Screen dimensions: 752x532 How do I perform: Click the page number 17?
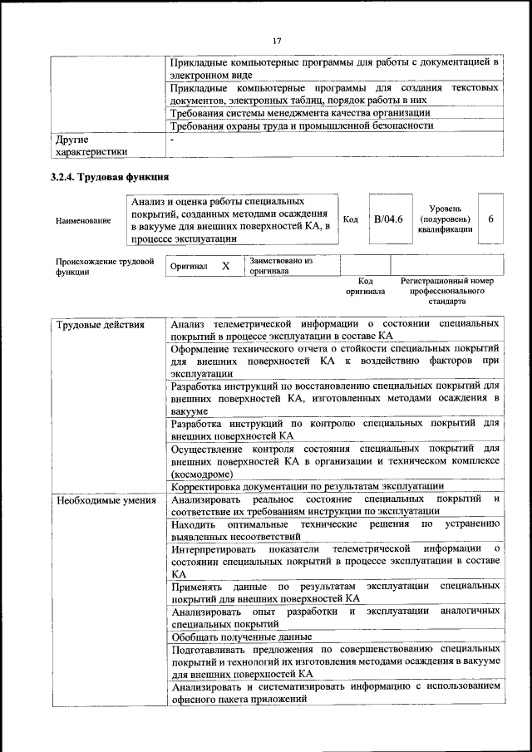(x=278, y=39)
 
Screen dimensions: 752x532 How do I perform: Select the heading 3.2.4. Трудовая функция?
(x=110, y=177)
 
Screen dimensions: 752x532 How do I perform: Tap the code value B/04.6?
(x=387, y=219)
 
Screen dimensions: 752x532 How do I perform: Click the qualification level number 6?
(x=490, y=219)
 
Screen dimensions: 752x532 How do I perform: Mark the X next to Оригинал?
(x=225, y=266)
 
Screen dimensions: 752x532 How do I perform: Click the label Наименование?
(x=83, y=221)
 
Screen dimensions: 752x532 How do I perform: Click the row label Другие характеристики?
(x=91, y=145)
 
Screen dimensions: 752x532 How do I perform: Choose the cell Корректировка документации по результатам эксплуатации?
(x=307, y=485)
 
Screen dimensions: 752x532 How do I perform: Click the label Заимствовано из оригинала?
(x=280, y=265)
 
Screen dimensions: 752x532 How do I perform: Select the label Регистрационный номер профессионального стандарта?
(x=446, y=292)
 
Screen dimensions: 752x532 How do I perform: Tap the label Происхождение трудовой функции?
(x=106, y=266)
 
